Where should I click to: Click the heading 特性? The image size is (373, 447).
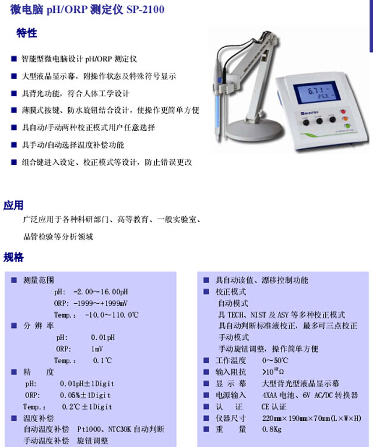click(x=27, y=34)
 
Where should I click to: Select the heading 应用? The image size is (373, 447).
click(x=13, y=205)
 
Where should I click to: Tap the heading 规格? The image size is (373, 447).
click(x=13, y=257)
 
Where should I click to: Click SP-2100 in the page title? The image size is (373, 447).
click(x=145, y=9)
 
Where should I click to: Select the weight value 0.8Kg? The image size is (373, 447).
click(x=272, y=430)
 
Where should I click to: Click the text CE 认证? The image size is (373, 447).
click(x=275, y=407)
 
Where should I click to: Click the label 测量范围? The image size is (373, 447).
click(x=38, y=280)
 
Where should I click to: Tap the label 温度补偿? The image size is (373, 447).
click(x=38, y=418)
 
